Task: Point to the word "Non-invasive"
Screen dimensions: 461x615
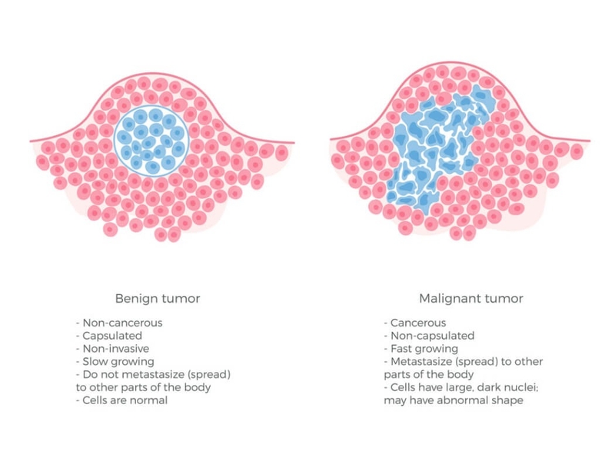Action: point(115,348)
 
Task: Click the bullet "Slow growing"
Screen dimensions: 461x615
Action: point(115,360)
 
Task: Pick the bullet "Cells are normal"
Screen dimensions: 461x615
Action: point(121,400)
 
